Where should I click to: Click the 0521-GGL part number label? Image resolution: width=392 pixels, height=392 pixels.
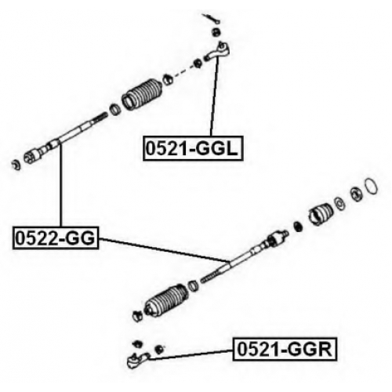tap(193, 148)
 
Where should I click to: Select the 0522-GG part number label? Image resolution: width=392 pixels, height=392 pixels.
tap(56, 238)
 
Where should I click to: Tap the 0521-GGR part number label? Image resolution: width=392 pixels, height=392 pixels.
tap(285, 349)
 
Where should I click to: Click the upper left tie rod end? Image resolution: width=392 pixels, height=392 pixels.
tap(218, 51)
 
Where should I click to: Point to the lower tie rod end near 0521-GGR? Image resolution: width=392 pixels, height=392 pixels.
tap(137, 360)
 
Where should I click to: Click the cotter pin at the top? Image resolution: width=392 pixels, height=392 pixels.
tap(212, 19)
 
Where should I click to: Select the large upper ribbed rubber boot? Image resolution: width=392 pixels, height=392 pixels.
tap(143, 94)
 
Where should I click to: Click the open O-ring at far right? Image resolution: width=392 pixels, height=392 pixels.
tap(371, 187)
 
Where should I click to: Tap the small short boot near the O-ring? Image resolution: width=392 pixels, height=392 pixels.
tap(321, 214)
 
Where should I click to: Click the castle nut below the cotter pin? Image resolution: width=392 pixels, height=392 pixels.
tap(216, 32)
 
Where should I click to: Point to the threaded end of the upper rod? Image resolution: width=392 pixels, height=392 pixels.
tap(99, 118)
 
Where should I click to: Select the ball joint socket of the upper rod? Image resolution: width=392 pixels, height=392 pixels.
tap(32, 156)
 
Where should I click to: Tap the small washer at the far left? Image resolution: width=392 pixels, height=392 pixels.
tap(16, 165)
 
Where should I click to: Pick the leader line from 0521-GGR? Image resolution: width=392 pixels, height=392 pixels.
tap(191, 355)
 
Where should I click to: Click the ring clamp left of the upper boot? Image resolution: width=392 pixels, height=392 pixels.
tap(115, 110)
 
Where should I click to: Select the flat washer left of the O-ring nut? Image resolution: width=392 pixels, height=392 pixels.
tap(339, 204)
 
